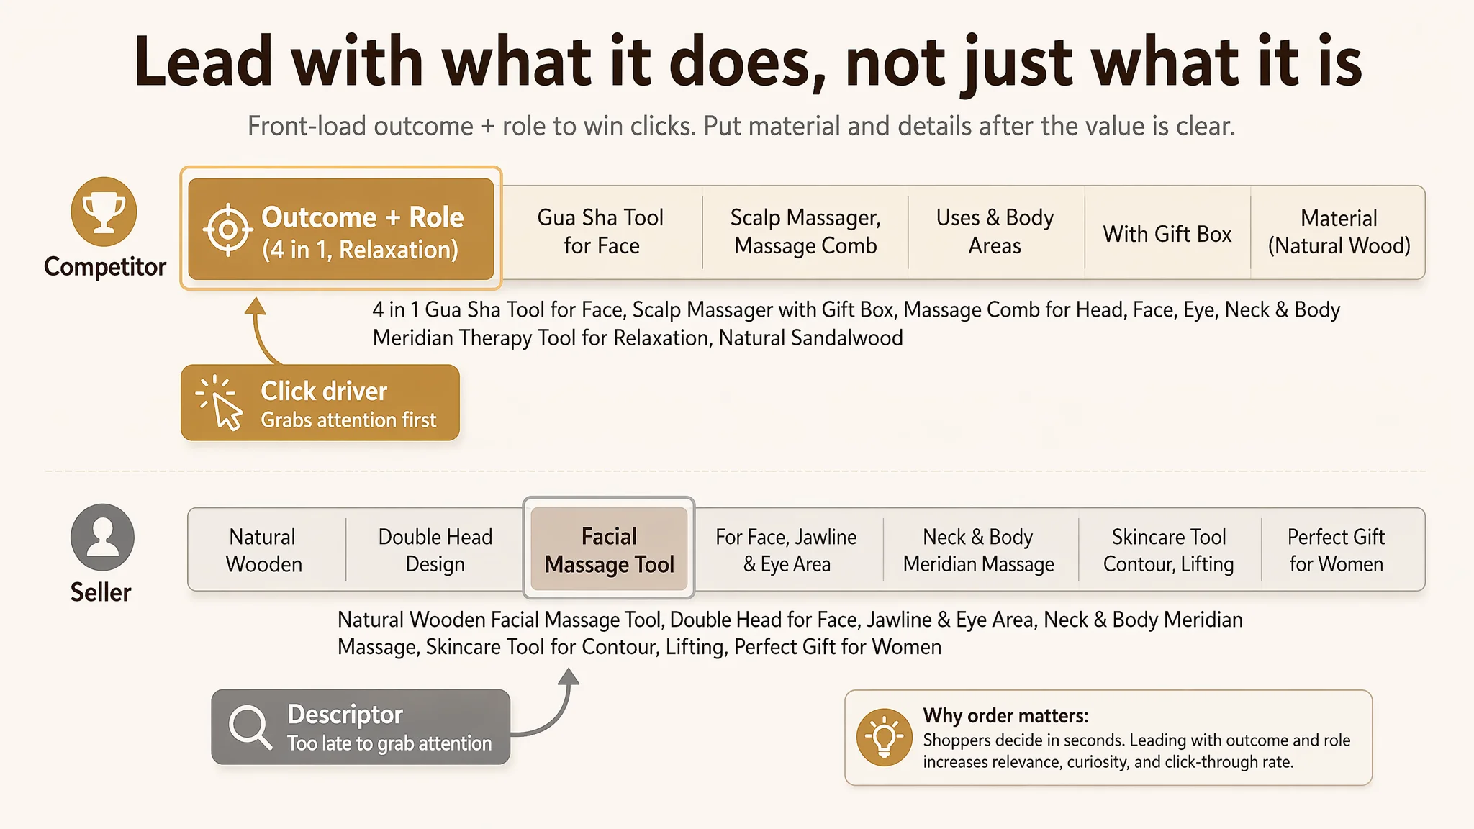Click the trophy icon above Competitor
(x=104, y=212)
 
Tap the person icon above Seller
(x=102, y=538)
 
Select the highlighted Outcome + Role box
(x=341, y=229)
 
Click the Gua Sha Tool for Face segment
(x=601, y=232)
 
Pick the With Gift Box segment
(x=1167, y=234)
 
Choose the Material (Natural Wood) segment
(x=1339, y=232)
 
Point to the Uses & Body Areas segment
(x=995, y=232)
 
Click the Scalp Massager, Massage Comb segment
(x=805, y=232)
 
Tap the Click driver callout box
(x=320, y=403)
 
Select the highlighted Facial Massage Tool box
(x=609, y=550)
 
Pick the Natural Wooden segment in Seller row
(x=264, y=551)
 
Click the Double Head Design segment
(x=435, y=551)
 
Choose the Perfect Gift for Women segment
(x=1337, y=551)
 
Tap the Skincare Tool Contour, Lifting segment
(x=1169, y=551)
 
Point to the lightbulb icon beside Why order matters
(x=885, y=738)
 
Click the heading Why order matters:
(x=1005, y=715)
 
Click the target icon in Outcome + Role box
(x=227, y=230)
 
